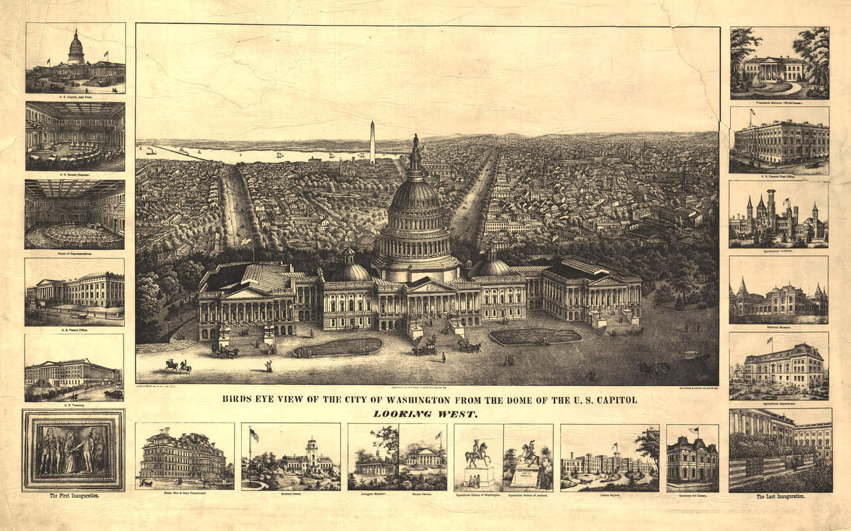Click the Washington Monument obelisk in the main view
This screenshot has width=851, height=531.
point(372,142)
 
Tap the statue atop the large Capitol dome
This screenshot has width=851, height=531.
point(416,141)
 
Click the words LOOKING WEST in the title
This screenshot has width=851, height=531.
point(425,413)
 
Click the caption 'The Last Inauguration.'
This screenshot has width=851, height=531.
point(780,496)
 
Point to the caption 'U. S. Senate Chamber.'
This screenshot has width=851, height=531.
point(74,175)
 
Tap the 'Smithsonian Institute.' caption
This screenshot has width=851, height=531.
point(779,251)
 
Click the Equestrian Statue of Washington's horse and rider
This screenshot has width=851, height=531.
point(478,453)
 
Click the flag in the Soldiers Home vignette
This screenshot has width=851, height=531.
point(253,435)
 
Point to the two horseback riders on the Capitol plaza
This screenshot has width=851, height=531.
point(178,365)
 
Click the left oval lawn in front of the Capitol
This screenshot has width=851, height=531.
point(338,347)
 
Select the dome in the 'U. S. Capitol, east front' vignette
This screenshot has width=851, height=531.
point(76,49)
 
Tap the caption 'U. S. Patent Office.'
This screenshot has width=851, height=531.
point(74,330)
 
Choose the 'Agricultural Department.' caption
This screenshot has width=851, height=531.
point(779,403)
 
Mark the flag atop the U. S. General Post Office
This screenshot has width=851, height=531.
point(752,112)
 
